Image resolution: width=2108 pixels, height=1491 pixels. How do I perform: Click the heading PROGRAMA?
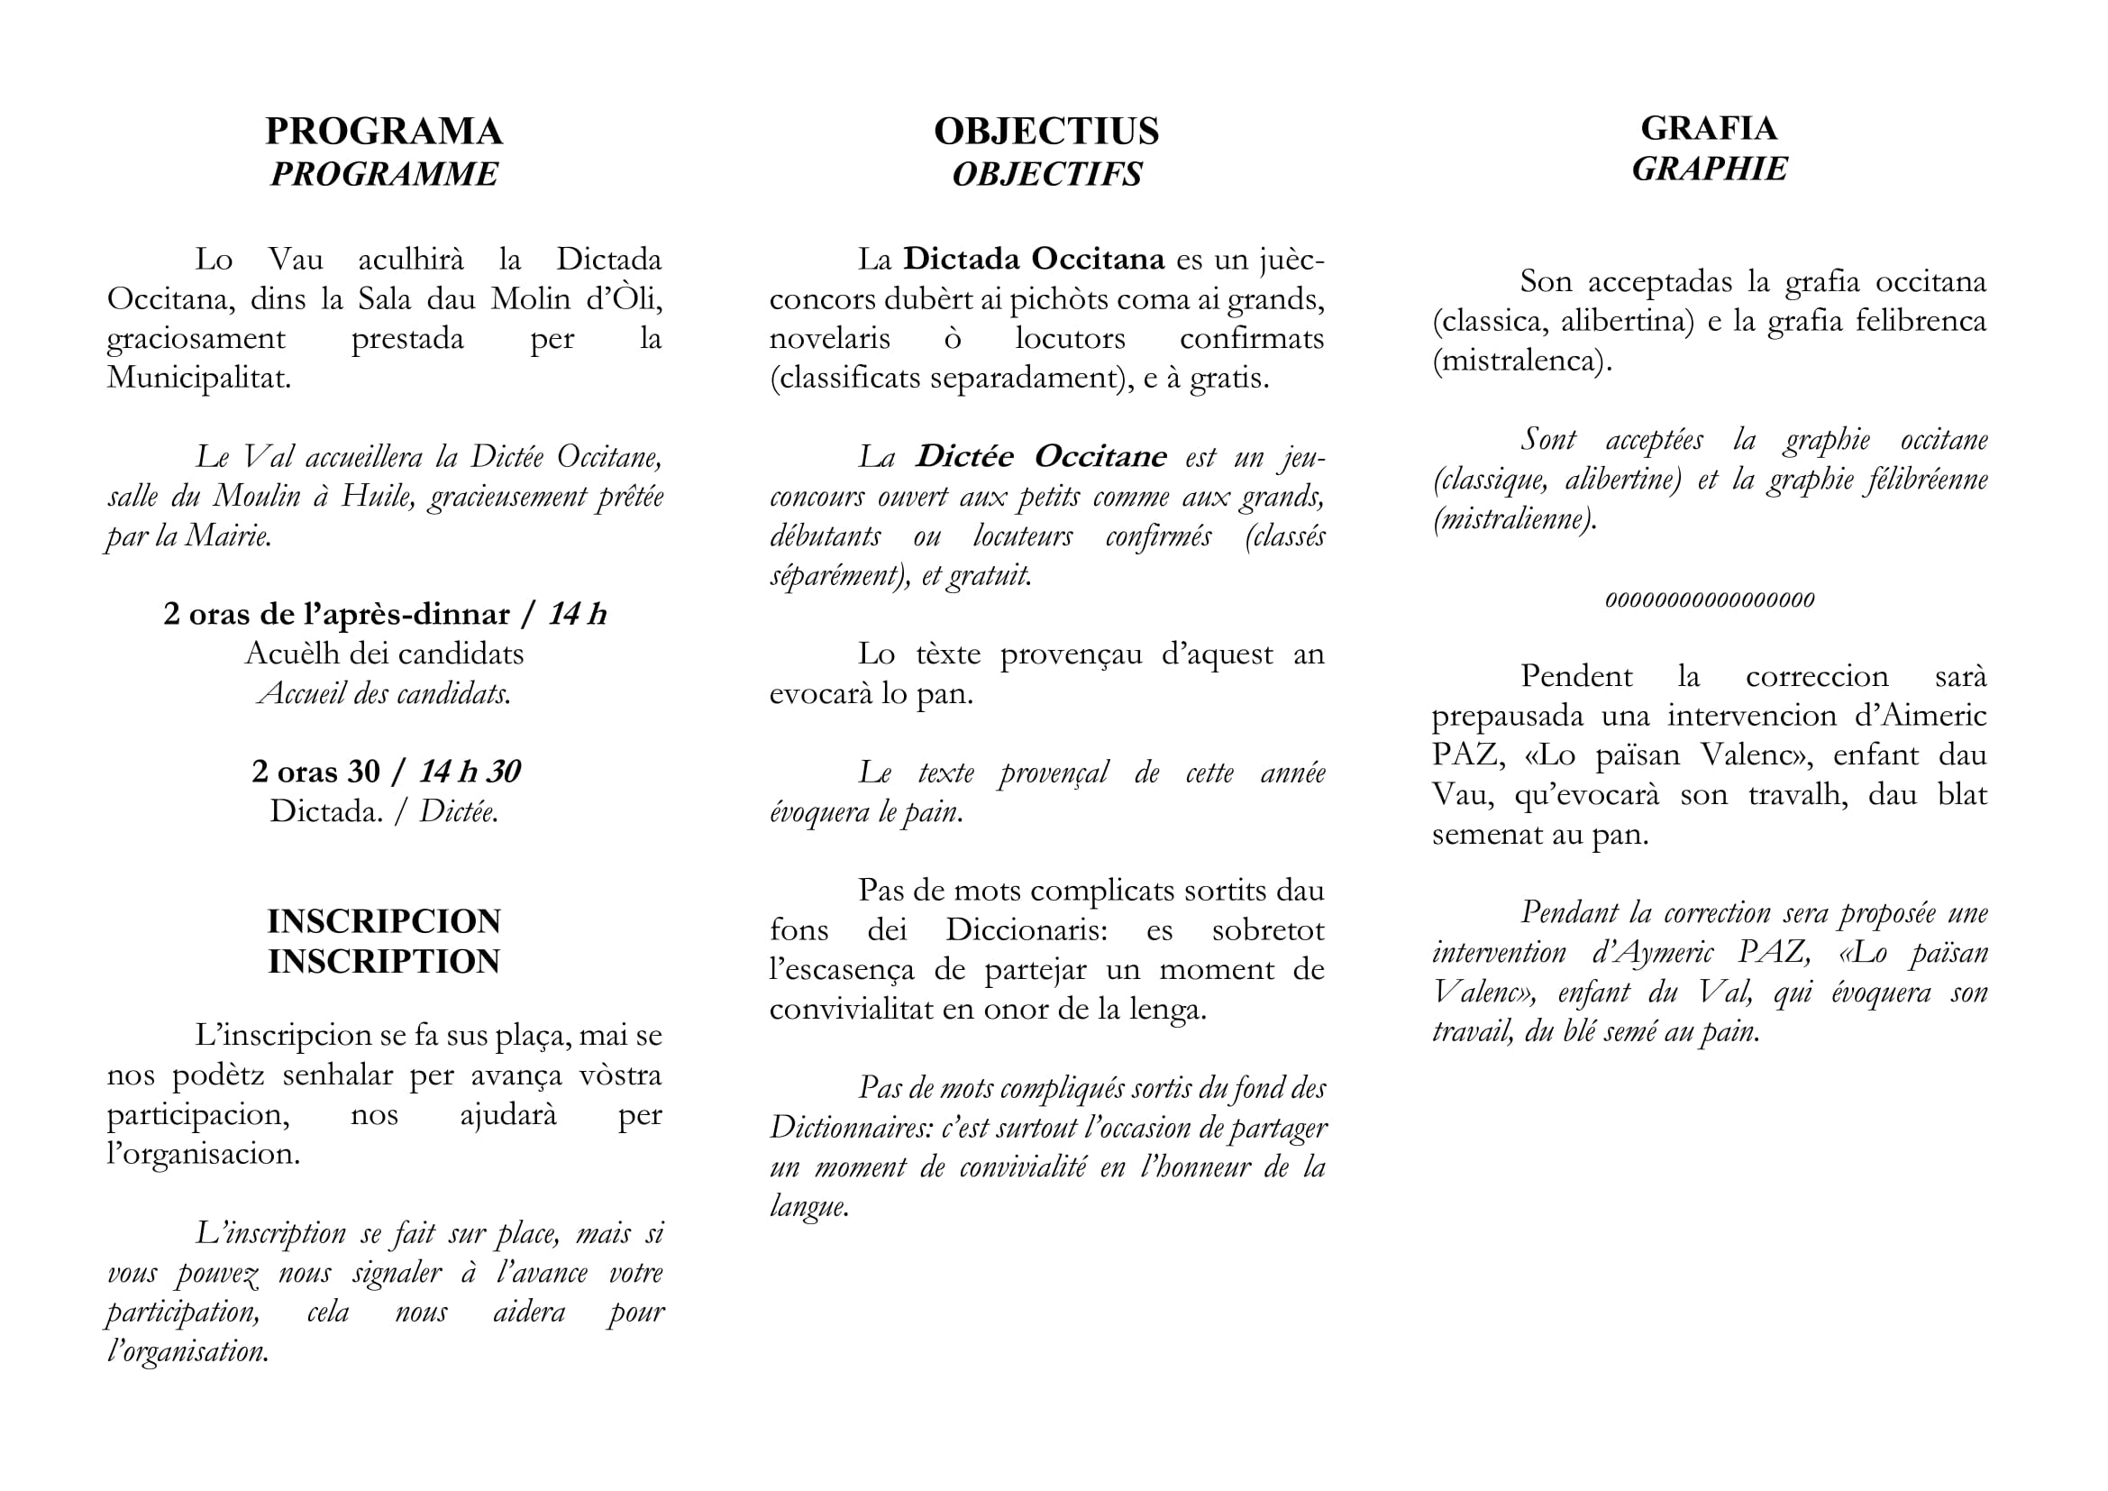pyautogui.click(x=384, y=132)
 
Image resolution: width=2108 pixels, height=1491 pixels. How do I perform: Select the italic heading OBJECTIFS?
pyautogui.click(x=1046, y=173)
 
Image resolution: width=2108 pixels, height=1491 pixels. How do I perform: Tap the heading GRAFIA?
pyautogui.click(x=1709, y=128)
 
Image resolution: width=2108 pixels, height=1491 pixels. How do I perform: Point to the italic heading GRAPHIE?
pyautogui.click(x=1709, y=169)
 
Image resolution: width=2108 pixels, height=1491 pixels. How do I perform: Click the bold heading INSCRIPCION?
pyautogui.click(x=384, y=921)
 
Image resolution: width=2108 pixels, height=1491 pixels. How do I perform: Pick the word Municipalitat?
pyautogui.click(x=198, y=378)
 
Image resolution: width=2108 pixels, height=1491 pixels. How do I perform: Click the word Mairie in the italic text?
pyautogui.click(x=228, y=536)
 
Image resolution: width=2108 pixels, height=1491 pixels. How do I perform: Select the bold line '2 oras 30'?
pyautogui.click(x=315, y=772)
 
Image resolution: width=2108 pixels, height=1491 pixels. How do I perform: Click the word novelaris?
pyautogui.click(x=829, y=338)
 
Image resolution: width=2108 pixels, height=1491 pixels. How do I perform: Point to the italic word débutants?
pyautogui.click(x=826, y=536)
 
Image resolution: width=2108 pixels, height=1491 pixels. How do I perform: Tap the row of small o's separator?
pyautogui.click(x=1709, y=600)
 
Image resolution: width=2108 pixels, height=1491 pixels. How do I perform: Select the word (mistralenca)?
pyautogui.click(x=1521, y=360)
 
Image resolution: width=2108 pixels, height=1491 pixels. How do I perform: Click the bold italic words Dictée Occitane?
pyautogui.click(x=1041, y=456)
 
